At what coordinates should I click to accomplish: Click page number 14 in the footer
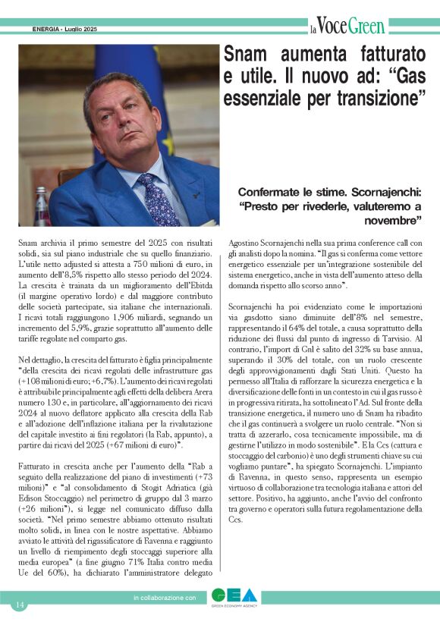(x=19, y=605)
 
